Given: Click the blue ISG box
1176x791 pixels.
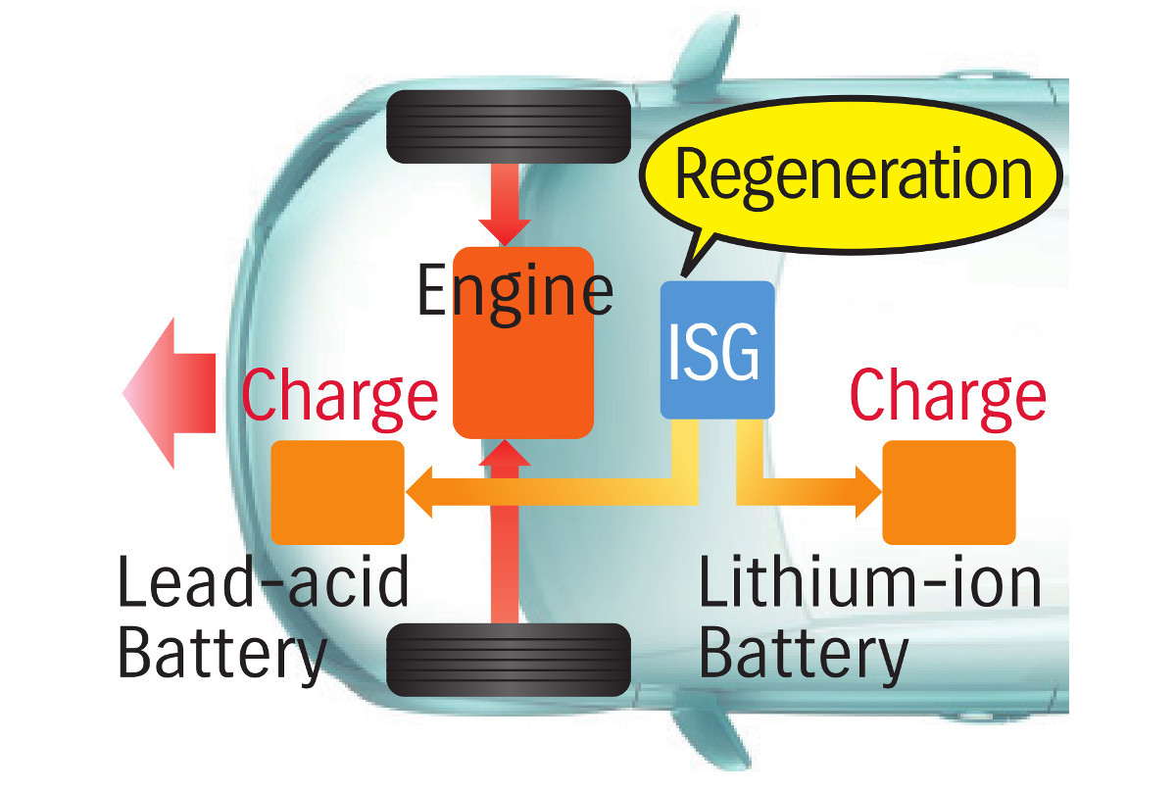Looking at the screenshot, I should (717, 348).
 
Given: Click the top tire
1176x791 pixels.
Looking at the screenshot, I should (509, 126).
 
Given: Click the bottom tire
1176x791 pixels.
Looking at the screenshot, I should (509, 659).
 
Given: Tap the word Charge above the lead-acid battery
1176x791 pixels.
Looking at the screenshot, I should (339, 394).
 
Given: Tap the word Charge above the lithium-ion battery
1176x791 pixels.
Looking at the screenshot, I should (947, 394).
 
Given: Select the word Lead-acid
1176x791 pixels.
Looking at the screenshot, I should (263, 584).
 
